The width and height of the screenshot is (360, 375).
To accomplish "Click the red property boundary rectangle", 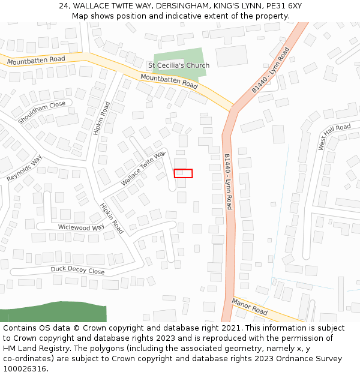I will pyautogui.click(x=183, y=173).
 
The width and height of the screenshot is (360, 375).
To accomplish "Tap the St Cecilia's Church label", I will pyautogui.click(x=179, y=65).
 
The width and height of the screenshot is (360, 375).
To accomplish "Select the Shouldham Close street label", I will pyautogui.click(x=41, y=113).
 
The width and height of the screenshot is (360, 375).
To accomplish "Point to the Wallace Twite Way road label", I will pyautogui.click(x=143, y=169).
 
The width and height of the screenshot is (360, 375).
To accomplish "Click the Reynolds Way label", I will pyautogui.click(x=25, y=169).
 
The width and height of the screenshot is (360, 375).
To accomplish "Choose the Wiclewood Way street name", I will pyautogui.click(x=81, y=227).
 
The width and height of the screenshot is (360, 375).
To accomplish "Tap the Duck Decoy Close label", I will pyautogui.click(x=77, y=271).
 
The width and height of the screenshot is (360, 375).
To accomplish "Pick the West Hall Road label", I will pyautogui.click(x=334, y=137).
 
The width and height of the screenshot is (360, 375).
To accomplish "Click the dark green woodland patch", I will pyautogui.click(x=54, y=313).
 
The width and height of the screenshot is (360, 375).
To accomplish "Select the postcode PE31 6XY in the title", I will pyautogui.click(x=281, y=6).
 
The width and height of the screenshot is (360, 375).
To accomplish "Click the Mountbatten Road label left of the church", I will pyautogui.click(x=36, y=60).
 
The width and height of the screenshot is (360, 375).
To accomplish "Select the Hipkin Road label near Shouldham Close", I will pyautogui.click(x=102, y=118).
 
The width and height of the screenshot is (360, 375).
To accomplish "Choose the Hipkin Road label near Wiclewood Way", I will pyautogui.click(x=112, y=218).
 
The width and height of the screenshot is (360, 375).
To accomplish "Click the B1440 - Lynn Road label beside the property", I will pyautogui.click(x=228, y=181).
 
